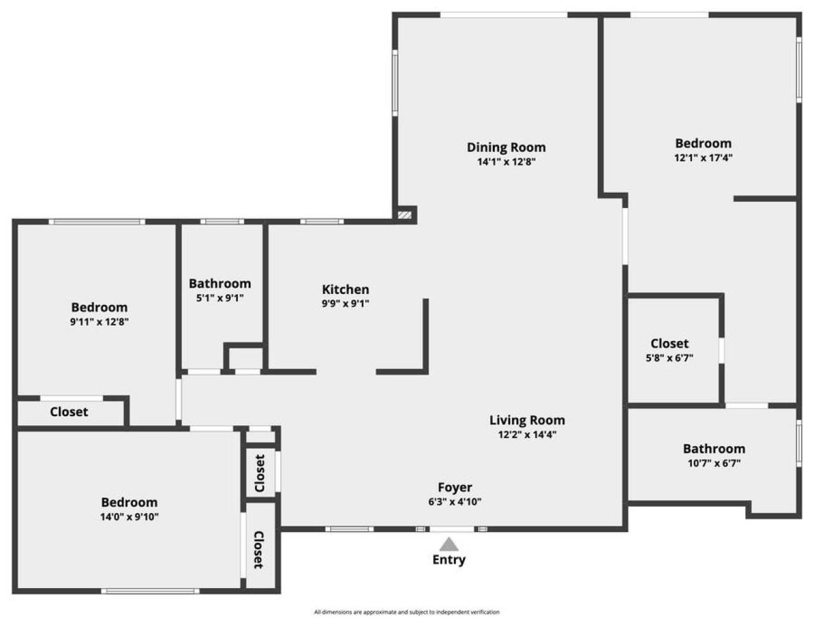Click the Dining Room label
(506, 147)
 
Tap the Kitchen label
(345, 289)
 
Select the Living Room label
(527, 420)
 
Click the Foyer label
(455, 488)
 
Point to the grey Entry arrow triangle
(450, 544)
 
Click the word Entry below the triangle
(449, 560)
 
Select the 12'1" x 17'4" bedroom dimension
(703, 158)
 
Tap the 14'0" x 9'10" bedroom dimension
(129, 517)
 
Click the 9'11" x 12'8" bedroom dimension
(99, 322)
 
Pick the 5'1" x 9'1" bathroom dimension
(219, 298)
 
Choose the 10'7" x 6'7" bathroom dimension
(714, 463)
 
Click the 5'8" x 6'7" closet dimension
(669, 358)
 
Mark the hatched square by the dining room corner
(404, 215)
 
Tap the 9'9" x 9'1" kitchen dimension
(345, 304)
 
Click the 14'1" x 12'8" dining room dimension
(506, 162)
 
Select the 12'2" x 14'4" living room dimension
(527, 435)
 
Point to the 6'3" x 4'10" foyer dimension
(455, 502)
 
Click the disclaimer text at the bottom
(406, 612)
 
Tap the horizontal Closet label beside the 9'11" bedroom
(69, 412)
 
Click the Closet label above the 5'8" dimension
(669, 344)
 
